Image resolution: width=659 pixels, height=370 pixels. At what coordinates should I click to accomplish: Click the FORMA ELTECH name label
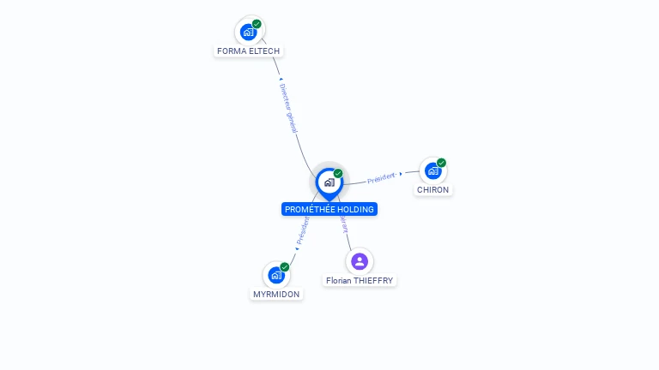(248, 51)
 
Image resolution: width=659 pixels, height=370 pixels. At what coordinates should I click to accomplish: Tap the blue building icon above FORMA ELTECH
(248, 33)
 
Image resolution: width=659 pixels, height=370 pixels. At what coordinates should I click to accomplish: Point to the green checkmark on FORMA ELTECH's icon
(257, 24)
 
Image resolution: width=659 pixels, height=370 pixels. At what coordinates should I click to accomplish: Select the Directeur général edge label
(288, 107)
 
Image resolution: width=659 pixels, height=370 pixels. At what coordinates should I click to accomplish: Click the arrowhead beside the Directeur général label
(281, 80)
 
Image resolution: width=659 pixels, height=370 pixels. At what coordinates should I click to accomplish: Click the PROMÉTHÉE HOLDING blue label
(329, 209)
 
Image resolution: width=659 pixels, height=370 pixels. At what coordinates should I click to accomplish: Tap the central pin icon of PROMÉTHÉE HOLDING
(329, 182)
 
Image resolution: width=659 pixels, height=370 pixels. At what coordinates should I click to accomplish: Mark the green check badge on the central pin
(338, 173)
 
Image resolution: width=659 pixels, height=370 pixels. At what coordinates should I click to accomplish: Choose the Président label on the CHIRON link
(380, 178)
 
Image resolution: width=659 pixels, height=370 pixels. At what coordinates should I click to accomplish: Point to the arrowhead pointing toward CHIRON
(401, 174)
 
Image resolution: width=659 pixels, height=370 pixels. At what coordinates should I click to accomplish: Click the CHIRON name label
(432, 189)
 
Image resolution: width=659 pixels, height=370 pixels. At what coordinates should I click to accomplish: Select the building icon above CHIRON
(432, 171)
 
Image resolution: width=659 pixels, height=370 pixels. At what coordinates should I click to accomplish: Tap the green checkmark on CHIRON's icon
(441, 163)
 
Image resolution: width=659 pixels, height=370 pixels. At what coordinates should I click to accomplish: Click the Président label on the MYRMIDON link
(303, 230)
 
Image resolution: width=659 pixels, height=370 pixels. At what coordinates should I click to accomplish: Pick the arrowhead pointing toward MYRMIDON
(297, 248)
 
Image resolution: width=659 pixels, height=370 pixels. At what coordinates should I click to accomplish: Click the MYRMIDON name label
(276, 294)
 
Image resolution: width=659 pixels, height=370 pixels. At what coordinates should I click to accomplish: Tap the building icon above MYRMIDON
(276, 276)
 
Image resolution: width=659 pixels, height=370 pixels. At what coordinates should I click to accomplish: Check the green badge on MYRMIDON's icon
(285, 266)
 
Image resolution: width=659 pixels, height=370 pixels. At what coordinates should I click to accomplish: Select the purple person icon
(360, 261)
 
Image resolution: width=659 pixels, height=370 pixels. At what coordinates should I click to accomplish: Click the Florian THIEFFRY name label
(360, 280)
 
